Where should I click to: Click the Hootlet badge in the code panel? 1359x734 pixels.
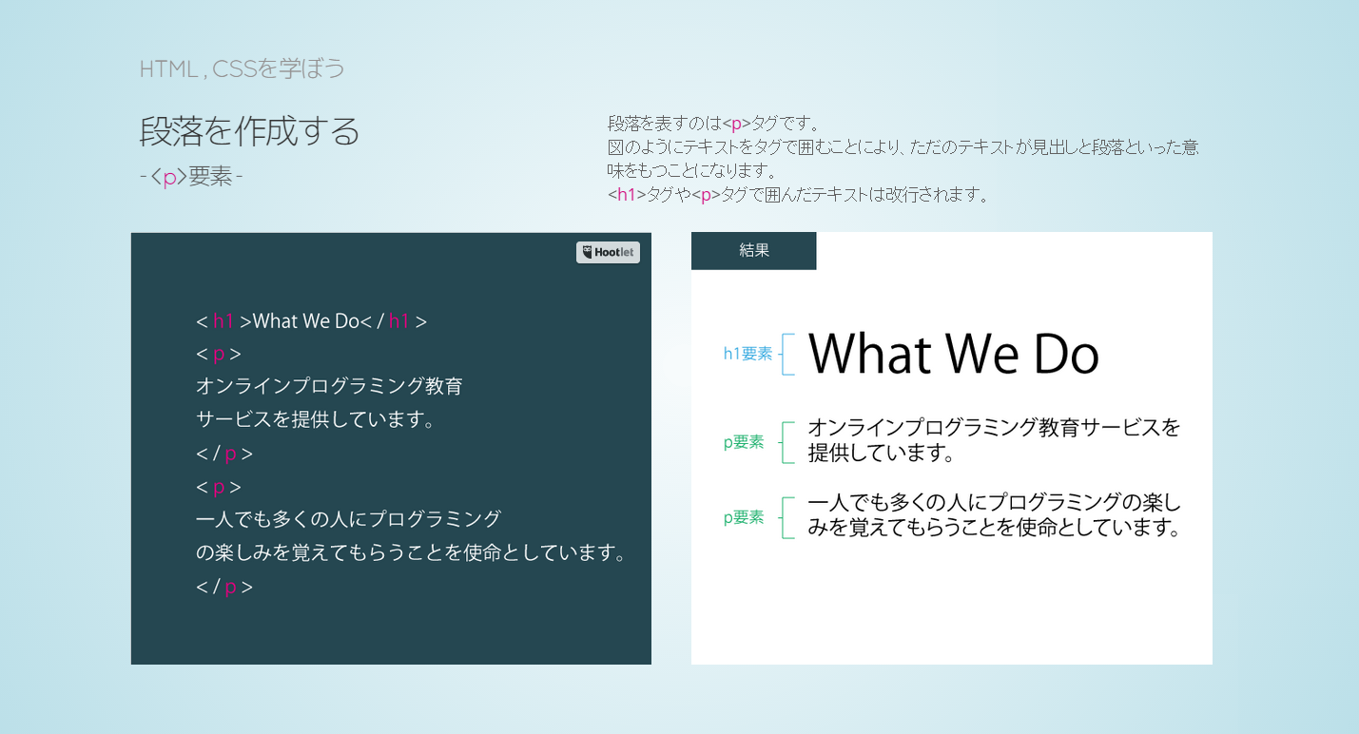608,252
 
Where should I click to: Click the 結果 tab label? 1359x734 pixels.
754,251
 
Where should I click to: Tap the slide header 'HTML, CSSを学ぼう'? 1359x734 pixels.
242,68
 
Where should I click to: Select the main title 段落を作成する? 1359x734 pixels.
249,131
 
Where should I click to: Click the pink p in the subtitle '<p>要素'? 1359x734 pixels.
169,177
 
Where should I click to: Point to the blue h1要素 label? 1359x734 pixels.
747,354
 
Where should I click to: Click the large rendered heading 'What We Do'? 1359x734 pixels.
953,355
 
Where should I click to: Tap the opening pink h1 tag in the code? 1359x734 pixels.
223,321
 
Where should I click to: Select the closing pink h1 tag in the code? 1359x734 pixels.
398,321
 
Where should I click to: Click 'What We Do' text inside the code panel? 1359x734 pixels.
306,321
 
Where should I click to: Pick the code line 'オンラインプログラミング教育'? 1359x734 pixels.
329,386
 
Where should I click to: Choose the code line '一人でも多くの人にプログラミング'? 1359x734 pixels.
348,519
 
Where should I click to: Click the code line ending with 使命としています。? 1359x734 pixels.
411,552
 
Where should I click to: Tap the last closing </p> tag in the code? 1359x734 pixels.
224,587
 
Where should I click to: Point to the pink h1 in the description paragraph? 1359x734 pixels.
626,195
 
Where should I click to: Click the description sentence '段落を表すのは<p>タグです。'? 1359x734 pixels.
714,124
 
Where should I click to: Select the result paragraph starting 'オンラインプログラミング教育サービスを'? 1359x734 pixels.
994,440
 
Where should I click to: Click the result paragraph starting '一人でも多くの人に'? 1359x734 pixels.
995,515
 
